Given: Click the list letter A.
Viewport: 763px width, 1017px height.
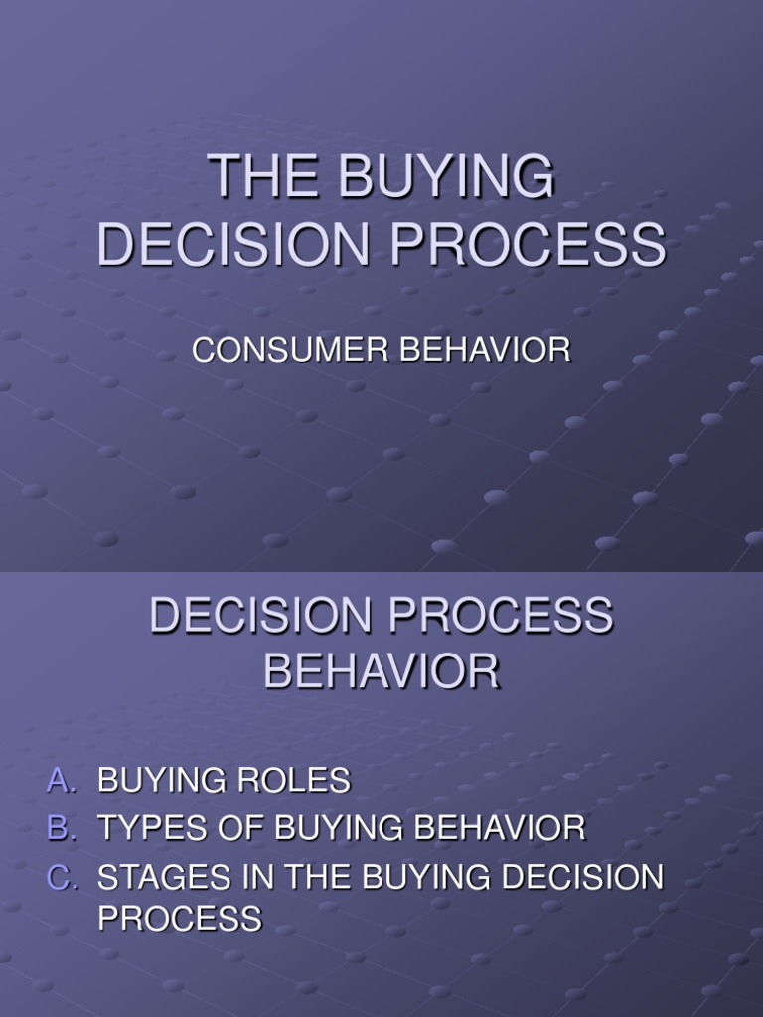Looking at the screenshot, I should tap(59, 781).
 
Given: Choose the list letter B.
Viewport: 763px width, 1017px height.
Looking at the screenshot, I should tap(59, 828).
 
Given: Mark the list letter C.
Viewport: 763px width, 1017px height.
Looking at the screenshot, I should tap(59, 877).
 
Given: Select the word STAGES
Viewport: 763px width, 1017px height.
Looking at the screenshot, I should tap(155, 877).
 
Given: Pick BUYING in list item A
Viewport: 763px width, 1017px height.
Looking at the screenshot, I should tap(162, 781).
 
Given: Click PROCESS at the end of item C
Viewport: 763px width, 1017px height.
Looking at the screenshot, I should tap(179, 919).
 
